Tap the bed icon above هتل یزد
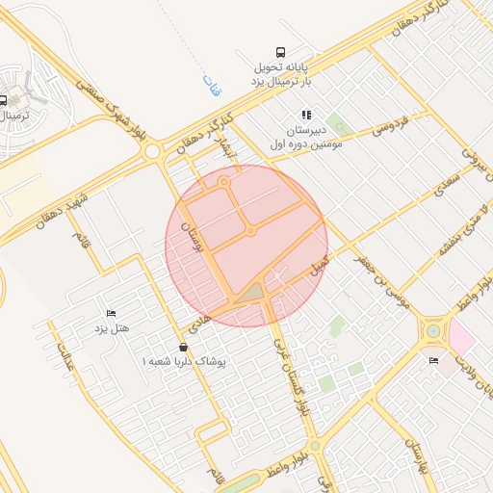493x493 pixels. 111,314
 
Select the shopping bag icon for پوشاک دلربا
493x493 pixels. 183,347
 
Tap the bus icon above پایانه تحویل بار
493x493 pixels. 279,52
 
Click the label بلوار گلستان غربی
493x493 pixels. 286,363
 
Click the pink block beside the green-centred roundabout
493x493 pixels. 459,338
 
